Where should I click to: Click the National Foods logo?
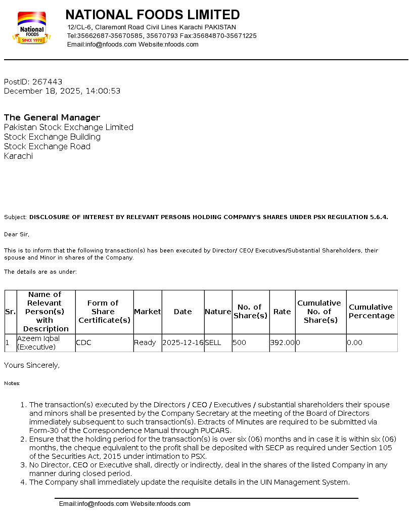coord(31,28)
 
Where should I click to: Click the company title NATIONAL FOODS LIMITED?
coord(153,15)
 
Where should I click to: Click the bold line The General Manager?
coord(52,118)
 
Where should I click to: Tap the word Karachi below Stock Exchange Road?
coord(18,156)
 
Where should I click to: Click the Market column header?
coord(147,312)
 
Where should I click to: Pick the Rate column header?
coord(282,312)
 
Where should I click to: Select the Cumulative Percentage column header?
coord(372,311)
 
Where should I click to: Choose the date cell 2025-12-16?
coord(183,342)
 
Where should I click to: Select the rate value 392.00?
coord(282,342)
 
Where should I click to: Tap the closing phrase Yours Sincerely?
coord(32,365)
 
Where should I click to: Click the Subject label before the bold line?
coord(15,218)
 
